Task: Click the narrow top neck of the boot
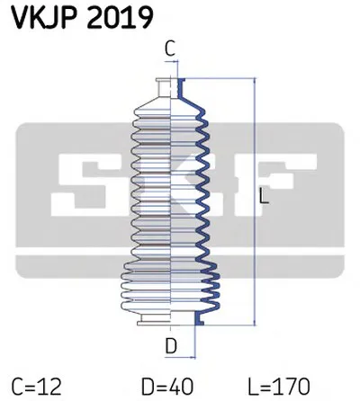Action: [x=171, y=86]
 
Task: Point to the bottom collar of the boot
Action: [x=171, y=320]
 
